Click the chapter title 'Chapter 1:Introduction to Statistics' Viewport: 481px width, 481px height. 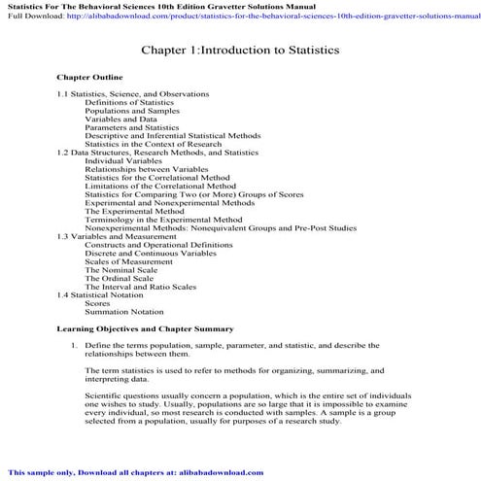click(x=240, y=50)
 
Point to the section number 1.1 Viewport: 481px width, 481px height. click(x=63, y=93)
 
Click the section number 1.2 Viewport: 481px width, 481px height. click(x=63, y=153)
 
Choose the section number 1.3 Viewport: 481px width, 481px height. click(x=63, y=236)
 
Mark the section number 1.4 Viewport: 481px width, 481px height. click(x=63, y=294)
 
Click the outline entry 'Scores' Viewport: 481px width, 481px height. click(x=97, y=303)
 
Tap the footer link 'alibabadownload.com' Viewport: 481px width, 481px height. click(x=220, y=472)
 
